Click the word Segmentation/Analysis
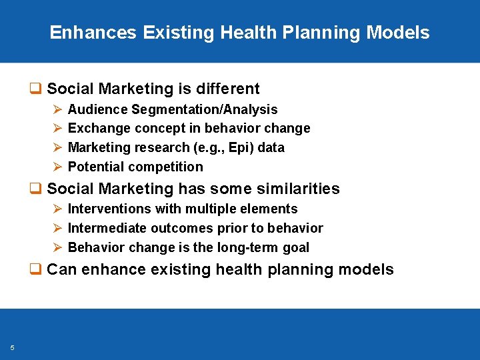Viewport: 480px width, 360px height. click(x=205, y=109)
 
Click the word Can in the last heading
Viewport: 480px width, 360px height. click(x=62, y=270)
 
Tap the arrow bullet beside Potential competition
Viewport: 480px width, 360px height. click(x=57, y=167)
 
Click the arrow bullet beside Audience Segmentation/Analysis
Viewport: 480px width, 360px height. click(x=57, y=109)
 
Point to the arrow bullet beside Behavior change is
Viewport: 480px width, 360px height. click(x=57, y=247)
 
